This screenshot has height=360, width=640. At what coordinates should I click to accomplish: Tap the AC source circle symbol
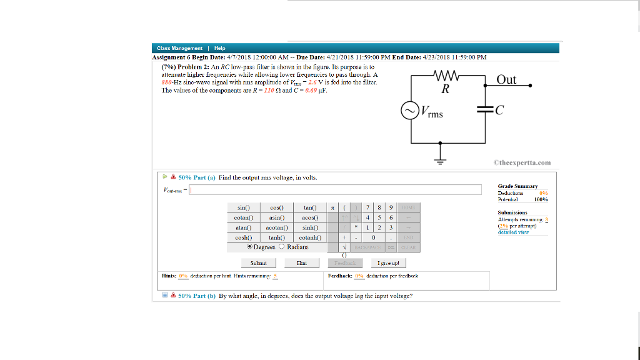pyautogui.click(x=410, y=111)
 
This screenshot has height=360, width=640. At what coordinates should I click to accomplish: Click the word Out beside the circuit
pyautogui.click(x=506, y=79)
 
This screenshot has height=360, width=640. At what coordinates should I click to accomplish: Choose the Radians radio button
pyautogui.click(x=282, y=247)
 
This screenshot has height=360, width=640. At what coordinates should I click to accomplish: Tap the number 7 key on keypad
pyautogui.click(x=368, y=207)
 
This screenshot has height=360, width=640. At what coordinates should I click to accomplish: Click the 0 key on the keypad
pyautogui.click(x=372, y=237)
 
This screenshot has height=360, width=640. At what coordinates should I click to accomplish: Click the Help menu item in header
pyautogui.click(x=219, y=48)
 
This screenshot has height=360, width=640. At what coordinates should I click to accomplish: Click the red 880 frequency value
pyautogui.click(x=166, y=82)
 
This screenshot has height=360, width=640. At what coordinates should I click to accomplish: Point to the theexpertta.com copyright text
pyautogui.click(x=522, y=163)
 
